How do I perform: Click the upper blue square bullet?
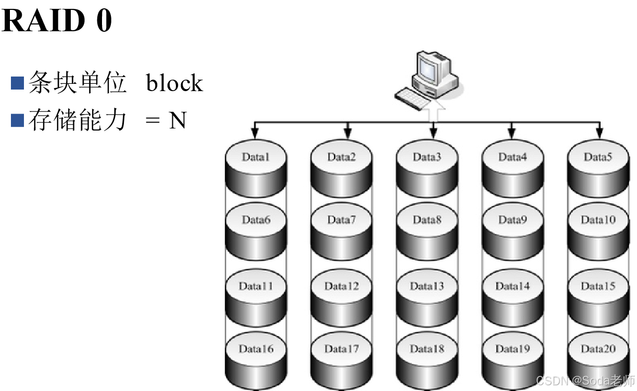tap(17, 83)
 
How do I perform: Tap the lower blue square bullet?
tap(17, 120)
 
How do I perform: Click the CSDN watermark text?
tap(584, 380)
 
